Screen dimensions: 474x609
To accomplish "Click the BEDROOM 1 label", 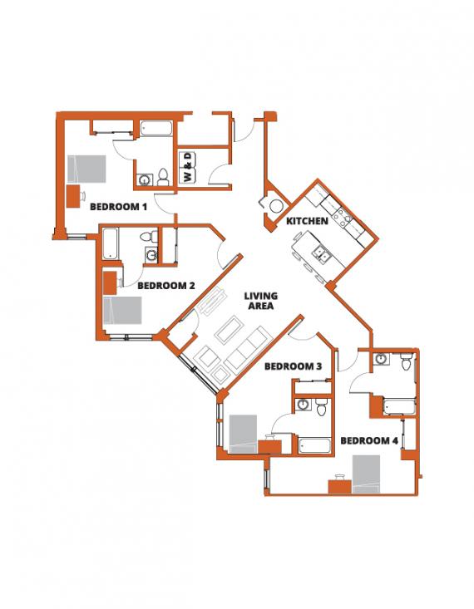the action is point(118,207).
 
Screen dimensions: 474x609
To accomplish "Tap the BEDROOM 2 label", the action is point(166,286).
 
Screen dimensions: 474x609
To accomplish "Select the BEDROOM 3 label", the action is point(293,366).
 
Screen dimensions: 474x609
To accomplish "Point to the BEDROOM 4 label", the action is point(369,441).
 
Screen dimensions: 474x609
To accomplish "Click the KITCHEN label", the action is point(307,221).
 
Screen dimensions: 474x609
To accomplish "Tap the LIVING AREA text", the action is point(261,301).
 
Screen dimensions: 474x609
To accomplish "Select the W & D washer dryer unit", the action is point(188,168).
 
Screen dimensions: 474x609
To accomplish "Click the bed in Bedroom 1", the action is point(86,169).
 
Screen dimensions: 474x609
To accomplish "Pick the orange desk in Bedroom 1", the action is point(73,197).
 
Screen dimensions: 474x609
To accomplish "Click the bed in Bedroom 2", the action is point(122,311).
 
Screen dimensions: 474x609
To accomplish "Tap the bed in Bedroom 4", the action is point(366,474).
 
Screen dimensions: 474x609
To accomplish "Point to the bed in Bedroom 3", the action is point(243,434).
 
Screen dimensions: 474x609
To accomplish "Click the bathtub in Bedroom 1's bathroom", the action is point(156,129).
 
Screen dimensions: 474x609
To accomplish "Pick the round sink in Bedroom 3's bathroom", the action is point(302,405).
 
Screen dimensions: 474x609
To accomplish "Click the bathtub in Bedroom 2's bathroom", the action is point(111,244).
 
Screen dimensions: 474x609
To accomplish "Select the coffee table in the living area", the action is point(228,328).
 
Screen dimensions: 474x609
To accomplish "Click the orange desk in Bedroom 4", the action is point(340,487).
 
